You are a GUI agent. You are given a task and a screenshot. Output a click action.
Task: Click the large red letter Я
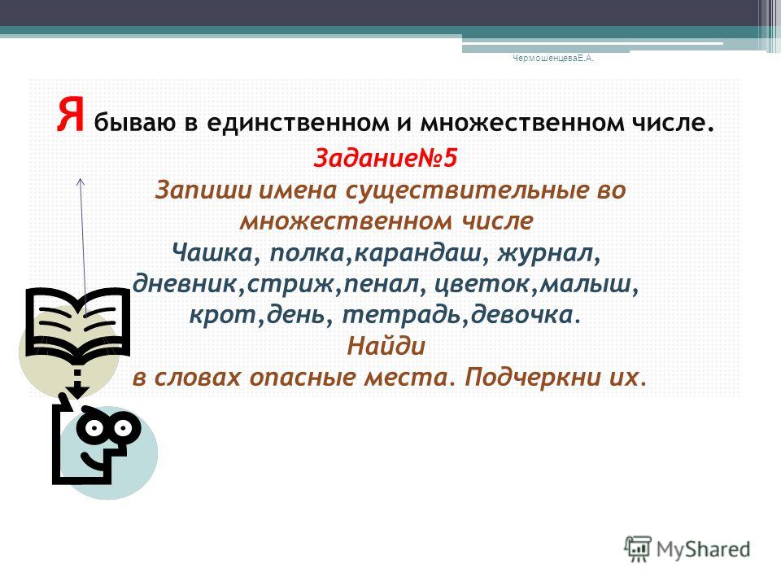pyautogui.click(x=70, y=115)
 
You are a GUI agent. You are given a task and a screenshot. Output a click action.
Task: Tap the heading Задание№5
pyautogui.click(x=385, y=159)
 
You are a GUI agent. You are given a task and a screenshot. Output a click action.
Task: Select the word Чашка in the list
pyautogui.click(x=212, y=253)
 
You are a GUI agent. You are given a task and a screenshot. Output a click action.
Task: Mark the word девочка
pyautogui.click(x=522, y=315)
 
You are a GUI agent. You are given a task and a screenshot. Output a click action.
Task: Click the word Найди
pyautogui.click(x=386, y=345)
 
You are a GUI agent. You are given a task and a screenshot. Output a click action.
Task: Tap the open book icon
pyautogui.click(x=78, y=323)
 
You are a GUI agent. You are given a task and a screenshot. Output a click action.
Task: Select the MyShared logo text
pyautogui.click(x=703, y=549)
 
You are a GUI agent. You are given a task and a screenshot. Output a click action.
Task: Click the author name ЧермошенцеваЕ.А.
pyautogui.click(x=553, y=59)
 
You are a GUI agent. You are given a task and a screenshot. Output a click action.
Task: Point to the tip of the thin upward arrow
pyautogui.click(x=81, y=178)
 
